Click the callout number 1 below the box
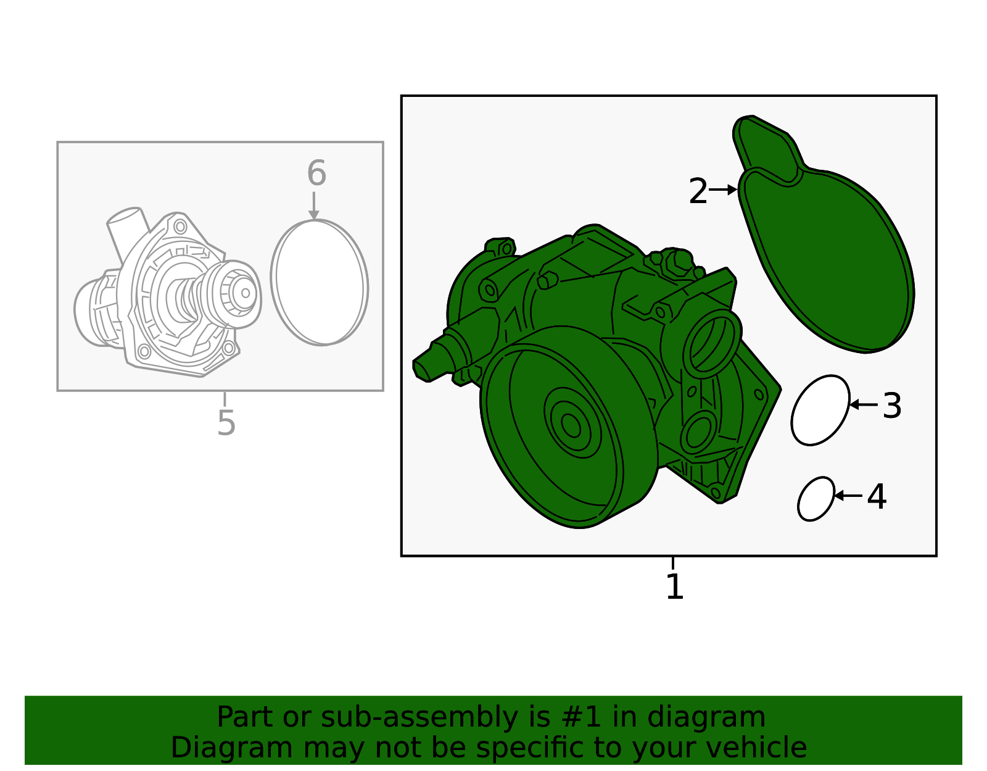click(x=674, y=586)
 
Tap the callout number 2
click(x=698, y=191)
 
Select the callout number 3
click(x=892, y=406)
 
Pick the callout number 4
click(x=877, y=496)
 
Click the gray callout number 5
click(x=226, y=423)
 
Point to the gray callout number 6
click(x=316, y=173)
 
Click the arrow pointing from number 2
click(x=724, y=190)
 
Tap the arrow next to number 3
click(x=864, y=404)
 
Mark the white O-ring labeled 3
click(x=820, y=410)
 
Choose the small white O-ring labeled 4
click(x=816, y=499)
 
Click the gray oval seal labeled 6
click(x=320, y=283)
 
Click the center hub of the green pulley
click(x=571, y=425)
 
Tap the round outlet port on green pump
click(x=711, y=343)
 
